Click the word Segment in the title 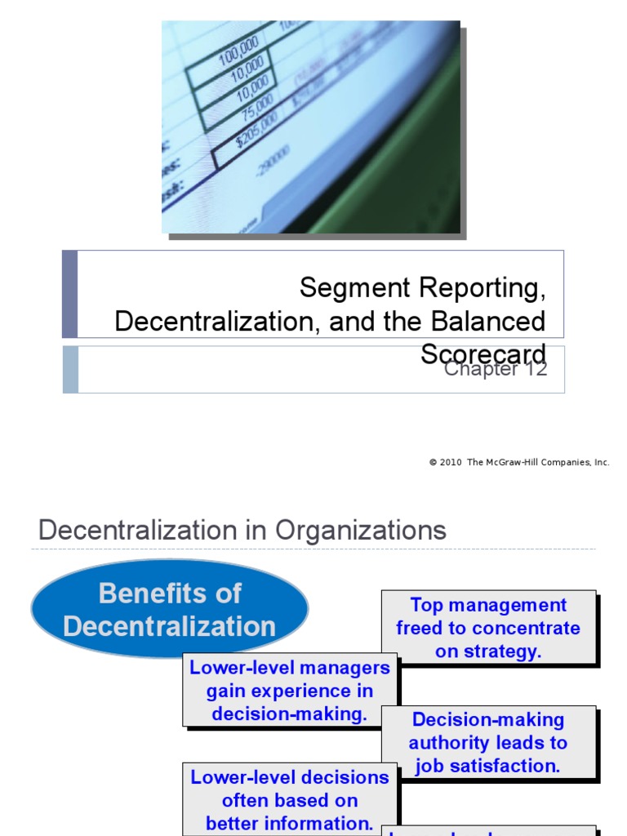(344, 287)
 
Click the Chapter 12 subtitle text (495, 369)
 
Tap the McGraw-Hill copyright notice (519, 462)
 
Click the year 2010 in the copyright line (451, 462)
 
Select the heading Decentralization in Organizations (242, 531)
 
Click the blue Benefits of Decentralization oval (170, 610)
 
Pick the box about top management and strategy (488, 628)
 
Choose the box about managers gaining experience (290, 690)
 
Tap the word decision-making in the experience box (290, 714)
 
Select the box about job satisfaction (488, 742)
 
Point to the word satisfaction (510, 766)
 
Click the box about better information (290, 799)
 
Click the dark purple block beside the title (70, 294)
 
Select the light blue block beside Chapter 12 (70, 369)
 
